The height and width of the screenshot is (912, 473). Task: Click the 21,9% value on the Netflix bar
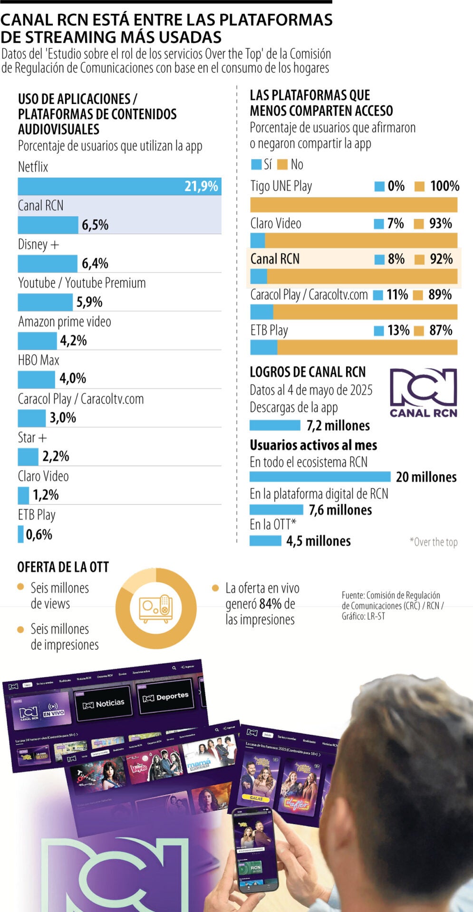(x=201, y=186)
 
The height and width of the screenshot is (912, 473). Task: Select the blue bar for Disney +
(x=48, y=263)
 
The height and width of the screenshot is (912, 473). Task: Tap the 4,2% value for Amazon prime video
(x=73, y=341)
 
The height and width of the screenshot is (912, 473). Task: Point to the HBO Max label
(x=39, y=360)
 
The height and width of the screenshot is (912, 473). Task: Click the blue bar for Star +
(x=28, y=456)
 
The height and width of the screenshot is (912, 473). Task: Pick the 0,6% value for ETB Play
(x=39, y=534)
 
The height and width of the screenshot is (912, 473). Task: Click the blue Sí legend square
(x=256, y=164)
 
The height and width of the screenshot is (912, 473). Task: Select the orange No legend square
(x=282, y=164)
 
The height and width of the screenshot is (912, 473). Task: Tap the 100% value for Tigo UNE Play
(x=444, y=186)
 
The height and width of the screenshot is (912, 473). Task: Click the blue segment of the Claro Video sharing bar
(x=258, y=240)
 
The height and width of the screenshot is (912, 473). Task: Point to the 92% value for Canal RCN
(x=441, y=259)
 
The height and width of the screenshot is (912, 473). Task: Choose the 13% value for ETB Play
(x=398, y=330)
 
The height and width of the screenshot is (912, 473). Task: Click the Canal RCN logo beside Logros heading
(x=423, y=393)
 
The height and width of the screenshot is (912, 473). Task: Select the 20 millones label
(x=426, y=477)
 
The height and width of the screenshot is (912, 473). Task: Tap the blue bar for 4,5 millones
(x=265, y=541)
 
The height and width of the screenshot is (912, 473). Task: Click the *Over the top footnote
(x=433, y=542)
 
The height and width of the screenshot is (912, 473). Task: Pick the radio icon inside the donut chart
(x=156, y=608)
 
